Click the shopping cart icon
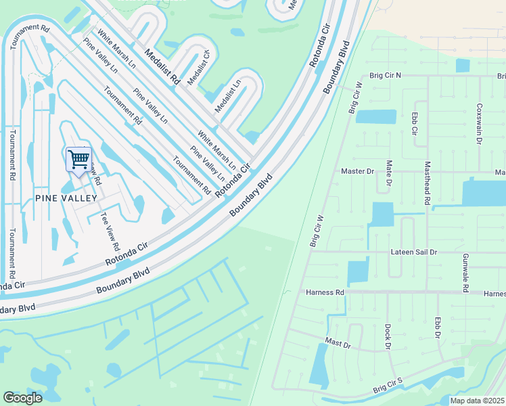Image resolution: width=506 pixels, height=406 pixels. [79, 160]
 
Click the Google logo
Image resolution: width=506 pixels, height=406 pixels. [22, 398]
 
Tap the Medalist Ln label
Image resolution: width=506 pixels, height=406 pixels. [228, 97]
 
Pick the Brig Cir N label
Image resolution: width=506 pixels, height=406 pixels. [385, 76]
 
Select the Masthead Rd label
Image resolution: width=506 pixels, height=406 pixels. [427, 183]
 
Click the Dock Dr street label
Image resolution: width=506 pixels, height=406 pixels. [388, 336]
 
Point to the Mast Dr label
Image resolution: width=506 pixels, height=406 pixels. [338, 344]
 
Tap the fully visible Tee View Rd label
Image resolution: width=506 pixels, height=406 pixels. [110, 231]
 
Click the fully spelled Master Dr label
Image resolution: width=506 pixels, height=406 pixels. [357, 171]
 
